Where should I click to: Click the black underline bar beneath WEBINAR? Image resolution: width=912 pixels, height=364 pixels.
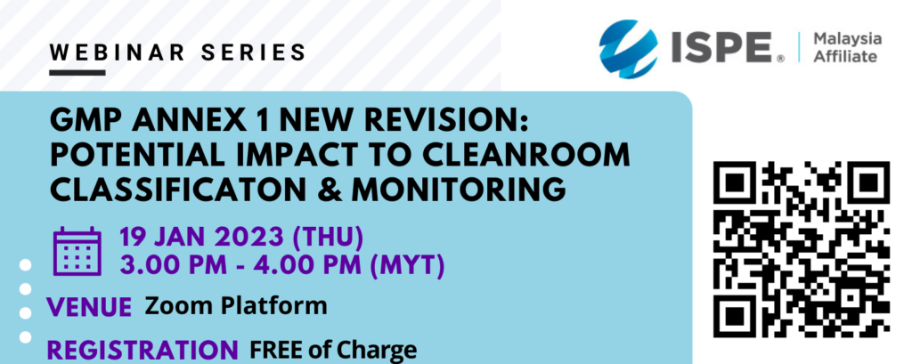coord(77,73)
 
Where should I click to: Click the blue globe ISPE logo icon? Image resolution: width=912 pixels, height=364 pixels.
coord(628,49)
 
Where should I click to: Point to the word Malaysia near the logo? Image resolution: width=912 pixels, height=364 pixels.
coord(848,39)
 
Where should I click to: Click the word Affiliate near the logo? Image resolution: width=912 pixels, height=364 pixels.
coord(844,56)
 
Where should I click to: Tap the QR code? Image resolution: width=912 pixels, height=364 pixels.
coord(802,249)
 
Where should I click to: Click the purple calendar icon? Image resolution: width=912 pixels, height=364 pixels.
coord(77,251)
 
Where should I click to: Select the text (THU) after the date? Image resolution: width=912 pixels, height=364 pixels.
coord(329,238)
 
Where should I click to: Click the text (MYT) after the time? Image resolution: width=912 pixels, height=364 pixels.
coord(408,266)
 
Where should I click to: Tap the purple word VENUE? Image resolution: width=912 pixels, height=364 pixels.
coord(89,306)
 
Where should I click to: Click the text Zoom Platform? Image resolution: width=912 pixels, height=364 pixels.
coord(235,304)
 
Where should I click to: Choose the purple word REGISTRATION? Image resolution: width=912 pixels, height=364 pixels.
coord(142,350)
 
